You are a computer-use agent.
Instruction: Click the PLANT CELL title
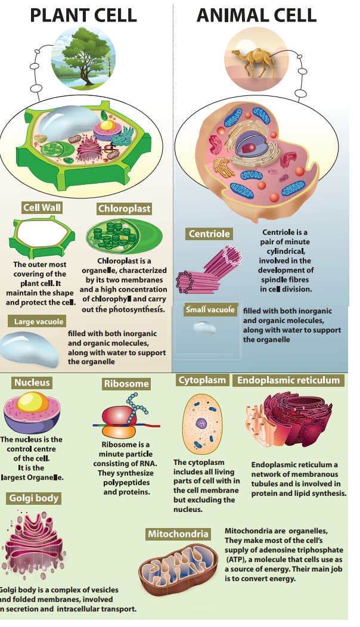(83, 14)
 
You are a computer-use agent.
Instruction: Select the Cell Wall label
(42, 208)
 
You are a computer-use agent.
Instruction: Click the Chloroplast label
(123, 209)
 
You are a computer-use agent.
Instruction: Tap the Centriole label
(209, 234)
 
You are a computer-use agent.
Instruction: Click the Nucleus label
(32, 383)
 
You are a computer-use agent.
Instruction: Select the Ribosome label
(126, 384)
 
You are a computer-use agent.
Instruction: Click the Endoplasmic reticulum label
(288, 380)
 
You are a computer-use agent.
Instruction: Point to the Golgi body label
(34, 498)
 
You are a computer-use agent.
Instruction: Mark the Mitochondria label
(178, 534)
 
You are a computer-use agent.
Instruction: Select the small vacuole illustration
(205, 327)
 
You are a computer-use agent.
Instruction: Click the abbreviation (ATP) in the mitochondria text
(237, 560)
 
